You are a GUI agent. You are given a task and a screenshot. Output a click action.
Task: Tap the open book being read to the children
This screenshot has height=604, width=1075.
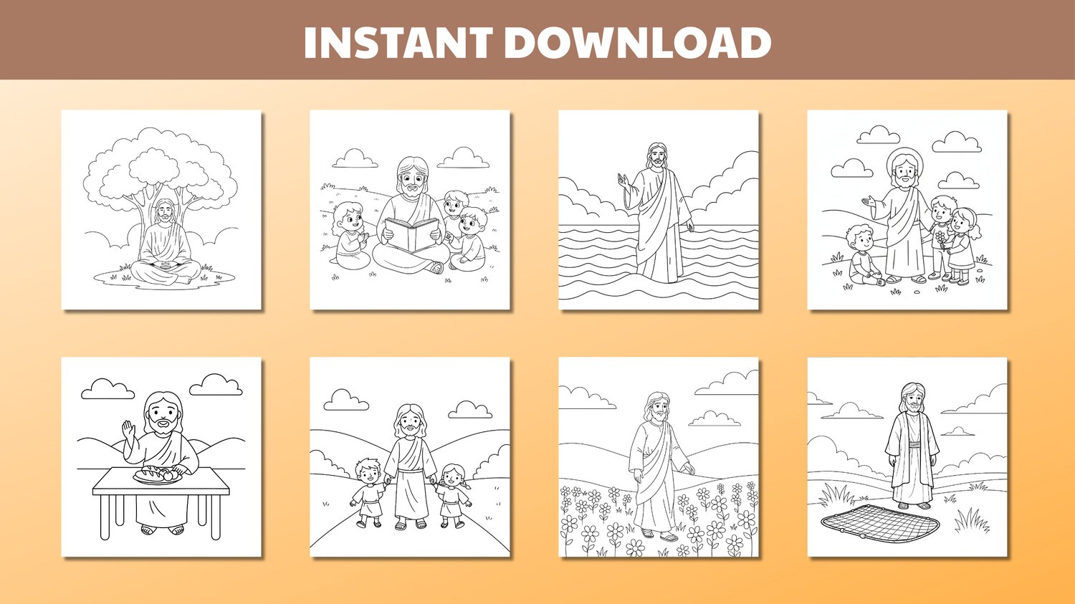[x=412, y=234]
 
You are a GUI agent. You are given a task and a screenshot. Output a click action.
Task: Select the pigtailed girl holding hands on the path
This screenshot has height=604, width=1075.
[x=451, y=495]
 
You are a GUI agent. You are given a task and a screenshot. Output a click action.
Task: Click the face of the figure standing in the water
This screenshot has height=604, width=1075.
[x=657, y=156]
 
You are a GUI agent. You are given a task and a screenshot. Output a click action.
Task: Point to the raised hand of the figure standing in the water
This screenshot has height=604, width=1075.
[x=623, y=181]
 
